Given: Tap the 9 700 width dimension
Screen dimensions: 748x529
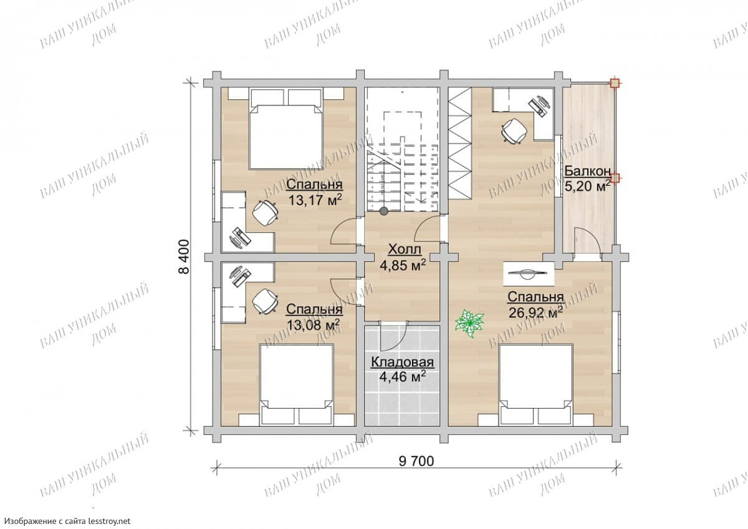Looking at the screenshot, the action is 416,461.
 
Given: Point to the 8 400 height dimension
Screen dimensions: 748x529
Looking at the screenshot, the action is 184,256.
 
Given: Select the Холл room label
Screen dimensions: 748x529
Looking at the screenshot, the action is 405,250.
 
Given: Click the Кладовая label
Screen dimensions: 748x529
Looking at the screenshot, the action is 403,362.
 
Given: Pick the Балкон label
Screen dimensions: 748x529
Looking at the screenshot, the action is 587,172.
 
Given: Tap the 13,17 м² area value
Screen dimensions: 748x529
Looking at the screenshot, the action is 315,200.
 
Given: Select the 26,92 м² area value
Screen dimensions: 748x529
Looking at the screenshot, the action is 535,313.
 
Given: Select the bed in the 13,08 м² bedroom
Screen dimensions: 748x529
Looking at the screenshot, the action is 297,385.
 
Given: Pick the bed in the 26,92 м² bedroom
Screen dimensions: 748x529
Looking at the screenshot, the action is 536,385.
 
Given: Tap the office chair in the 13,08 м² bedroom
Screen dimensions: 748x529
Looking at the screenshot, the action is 265,301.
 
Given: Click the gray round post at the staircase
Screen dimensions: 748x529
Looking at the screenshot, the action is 384,211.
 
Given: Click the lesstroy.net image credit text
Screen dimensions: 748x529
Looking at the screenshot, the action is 68,521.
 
